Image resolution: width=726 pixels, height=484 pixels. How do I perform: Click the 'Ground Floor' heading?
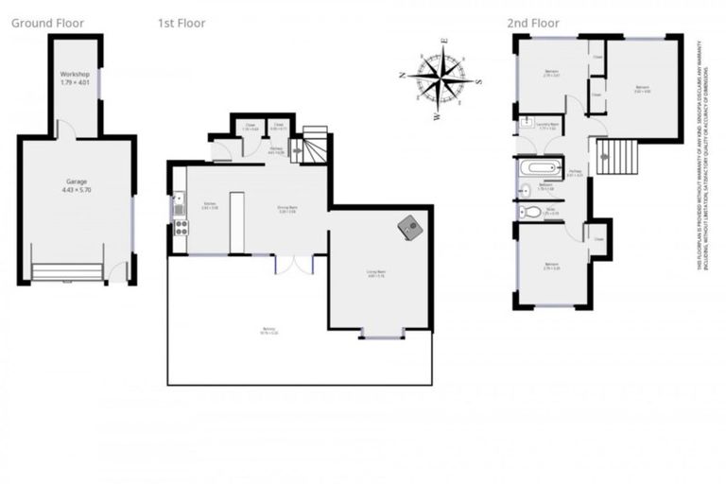click(47, 23)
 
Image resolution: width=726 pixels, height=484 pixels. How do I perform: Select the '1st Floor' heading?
click(181, 23)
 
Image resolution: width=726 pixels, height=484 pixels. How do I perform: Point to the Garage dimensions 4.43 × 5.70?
click(76, 189)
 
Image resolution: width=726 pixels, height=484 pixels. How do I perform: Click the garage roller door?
click(67, 272)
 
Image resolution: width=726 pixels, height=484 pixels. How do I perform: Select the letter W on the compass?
click(437, 117)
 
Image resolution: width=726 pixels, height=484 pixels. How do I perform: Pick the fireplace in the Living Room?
click(408, 228)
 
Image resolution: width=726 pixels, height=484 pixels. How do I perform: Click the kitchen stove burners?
click(179, 227)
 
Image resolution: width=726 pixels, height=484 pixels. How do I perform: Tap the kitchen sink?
click(177, 202)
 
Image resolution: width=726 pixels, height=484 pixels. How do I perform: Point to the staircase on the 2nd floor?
click(621, 154)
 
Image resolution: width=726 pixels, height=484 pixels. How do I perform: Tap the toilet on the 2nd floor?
click(530, 213)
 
